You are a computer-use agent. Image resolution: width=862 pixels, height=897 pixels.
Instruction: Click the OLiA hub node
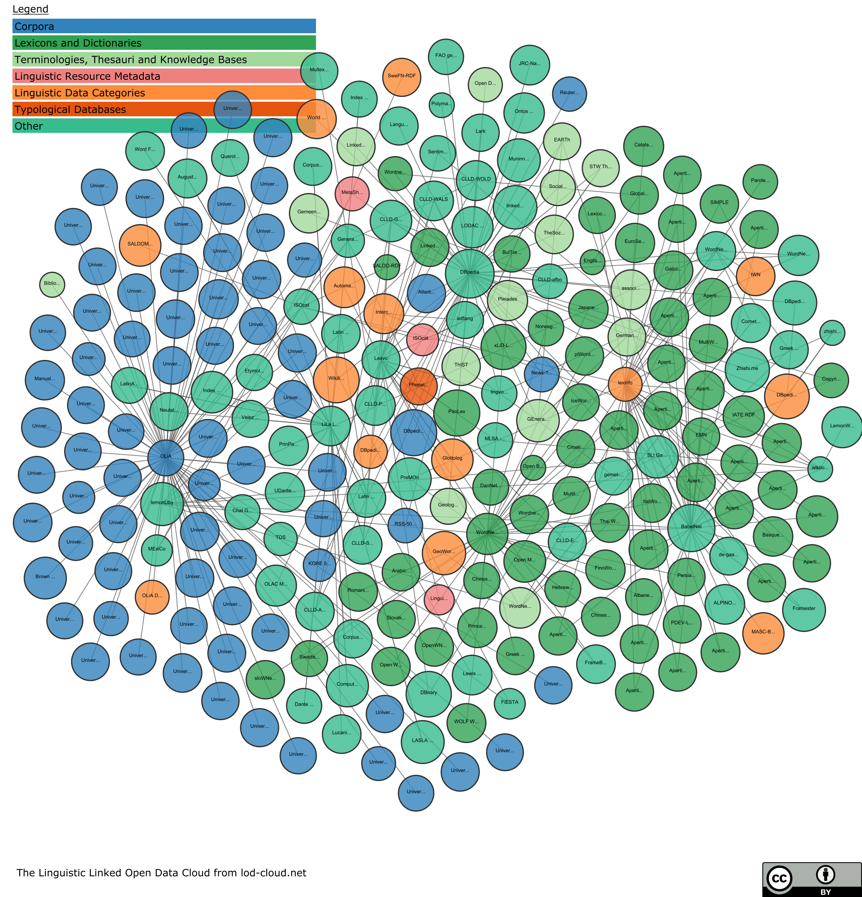point(166,457)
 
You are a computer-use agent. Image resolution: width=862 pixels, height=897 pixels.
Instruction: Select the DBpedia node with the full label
point(470,273)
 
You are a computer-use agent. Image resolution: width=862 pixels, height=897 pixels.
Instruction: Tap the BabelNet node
point(691,527)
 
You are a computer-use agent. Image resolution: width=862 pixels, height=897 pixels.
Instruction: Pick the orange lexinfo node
point(625,383)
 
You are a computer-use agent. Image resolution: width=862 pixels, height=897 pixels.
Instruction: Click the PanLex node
point(457,412)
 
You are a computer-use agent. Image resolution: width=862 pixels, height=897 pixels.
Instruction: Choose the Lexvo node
point(381,359)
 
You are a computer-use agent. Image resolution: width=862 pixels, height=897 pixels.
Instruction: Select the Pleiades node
point(508,300)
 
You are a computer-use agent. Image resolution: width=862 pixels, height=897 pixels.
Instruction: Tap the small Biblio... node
point(52,284)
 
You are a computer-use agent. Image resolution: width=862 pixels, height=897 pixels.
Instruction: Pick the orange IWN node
point(755,276)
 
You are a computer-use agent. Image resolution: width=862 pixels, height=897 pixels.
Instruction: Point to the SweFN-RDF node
point(402,77)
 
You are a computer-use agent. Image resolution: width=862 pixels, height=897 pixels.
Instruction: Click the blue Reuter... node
point(569,93)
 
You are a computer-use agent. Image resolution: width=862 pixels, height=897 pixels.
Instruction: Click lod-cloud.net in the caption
point(273,873)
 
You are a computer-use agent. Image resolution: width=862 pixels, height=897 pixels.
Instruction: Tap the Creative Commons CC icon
point(779,878)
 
